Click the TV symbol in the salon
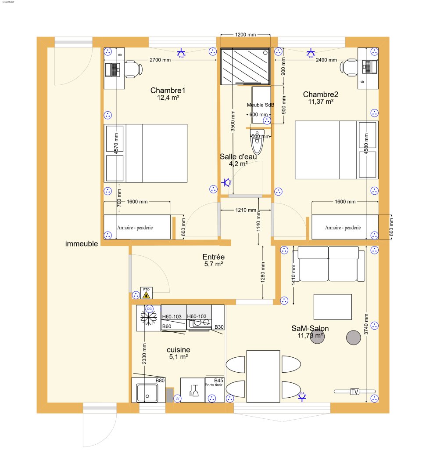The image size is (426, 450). pos(354,392)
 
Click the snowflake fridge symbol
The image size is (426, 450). pos(148,318)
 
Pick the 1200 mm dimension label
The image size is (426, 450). pos(245,34)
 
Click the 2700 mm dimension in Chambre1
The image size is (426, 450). pos(160,60)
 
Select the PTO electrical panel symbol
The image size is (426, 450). pos(146,293)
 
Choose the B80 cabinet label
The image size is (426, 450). pos(160,380)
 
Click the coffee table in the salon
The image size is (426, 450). pos(333,307)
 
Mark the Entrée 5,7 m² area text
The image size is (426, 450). pos(213,261)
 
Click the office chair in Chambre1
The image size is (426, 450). pos(133,69)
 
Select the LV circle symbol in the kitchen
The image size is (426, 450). pos(177,399)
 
